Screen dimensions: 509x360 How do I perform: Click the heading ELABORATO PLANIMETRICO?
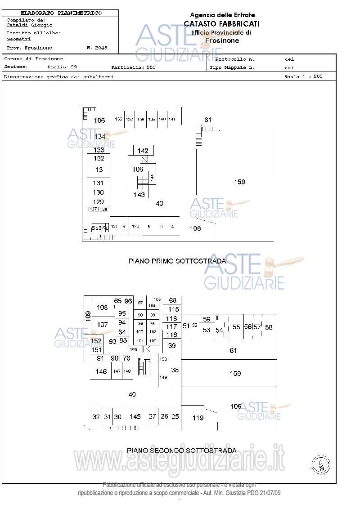pos(61,13)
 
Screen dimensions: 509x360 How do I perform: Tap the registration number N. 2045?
pos(97,48)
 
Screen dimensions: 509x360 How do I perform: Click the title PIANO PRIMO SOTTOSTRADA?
pos(177,261)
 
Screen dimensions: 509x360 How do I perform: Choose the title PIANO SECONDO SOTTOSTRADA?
pos(181,451)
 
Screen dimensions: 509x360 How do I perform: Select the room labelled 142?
pos(143,151)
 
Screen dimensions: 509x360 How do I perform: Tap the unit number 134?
pos(100,136)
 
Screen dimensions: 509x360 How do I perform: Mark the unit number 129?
pos(98,202)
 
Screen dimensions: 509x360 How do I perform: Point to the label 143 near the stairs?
pos(139,195)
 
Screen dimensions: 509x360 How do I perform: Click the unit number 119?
pos(198,418)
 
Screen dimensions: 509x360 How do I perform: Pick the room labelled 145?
pos(135,417)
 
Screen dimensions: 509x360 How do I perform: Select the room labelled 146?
pos(101,371)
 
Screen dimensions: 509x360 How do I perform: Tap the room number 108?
pos(103,308)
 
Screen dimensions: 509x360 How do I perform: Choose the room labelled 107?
pos(103,324)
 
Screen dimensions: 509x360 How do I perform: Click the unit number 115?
pos(174,309)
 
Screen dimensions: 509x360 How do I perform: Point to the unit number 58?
pos(269,327)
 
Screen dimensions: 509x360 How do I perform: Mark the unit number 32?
pos(96,417)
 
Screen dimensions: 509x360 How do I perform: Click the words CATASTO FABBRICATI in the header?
pos(221,24)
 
